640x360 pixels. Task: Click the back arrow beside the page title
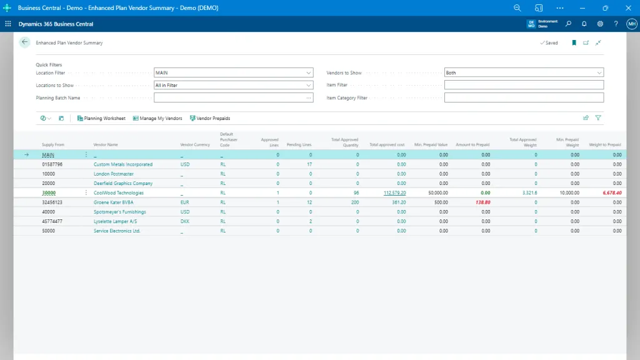(x=24, y=42)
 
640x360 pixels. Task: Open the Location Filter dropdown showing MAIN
(x=233, y=72)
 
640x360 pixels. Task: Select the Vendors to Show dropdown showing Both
(x=523, y=72)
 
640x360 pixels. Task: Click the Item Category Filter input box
(x=523, y=97)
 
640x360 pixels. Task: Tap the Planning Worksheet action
(x=101, y=118)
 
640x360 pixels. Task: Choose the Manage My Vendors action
(x=157, y=118)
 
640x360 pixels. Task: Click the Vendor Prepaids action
(x=210, y=118)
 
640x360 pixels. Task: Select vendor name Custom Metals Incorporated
(x=122, y=164)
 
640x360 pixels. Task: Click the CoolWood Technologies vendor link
(x=118, y=193)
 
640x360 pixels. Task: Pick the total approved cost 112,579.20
(x=394, y=193)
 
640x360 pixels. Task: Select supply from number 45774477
(x=52, y=221)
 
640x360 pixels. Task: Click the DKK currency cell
(x=184, y=221)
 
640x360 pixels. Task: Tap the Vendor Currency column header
(x=194, y=144)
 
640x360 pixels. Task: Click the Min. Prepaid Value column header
(x=431, y=144)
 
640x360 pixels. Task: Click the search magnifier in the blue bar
(x=568, y=24)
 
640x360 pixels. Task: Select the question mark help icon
(x=616, y=24)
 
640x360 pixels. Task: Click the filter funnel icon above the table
(x=598, y=117)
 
